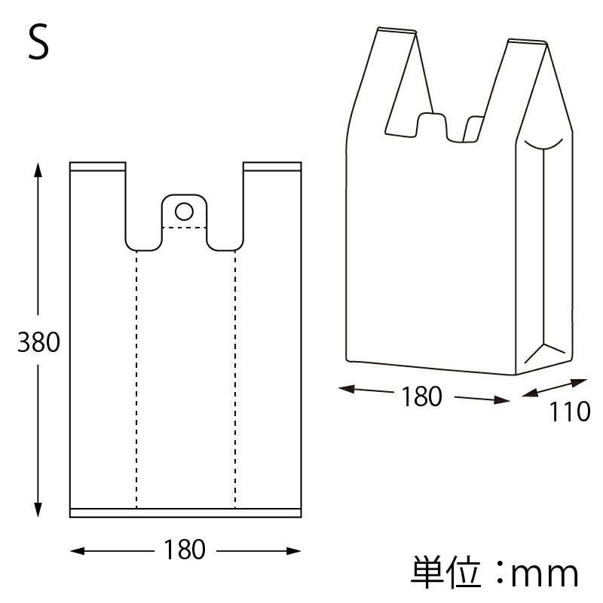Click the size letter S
click(x=38, y=43)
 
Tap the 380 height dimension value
click(x=38, y=343)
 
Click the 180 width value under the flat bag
click(x=185, y=550)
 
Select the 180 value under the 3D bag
click(x=421, y=396)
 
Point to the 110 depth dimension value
click(x=569, y=412)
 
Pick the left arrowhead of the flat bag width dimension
click(x=76, y=551)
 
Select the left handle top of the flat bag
click(x=97, y=166)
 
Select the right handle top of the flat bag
click(x=272, y=166)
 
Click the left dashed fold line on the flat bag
click(x=136, y=377)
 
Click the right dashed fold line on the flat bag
click(x=235, y=377)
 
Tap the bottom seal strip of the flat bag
click(x=185, y=513)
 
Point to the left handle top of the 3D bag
click(x=396, y=31)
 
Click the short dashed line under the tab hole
click(x=185, y=227)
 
